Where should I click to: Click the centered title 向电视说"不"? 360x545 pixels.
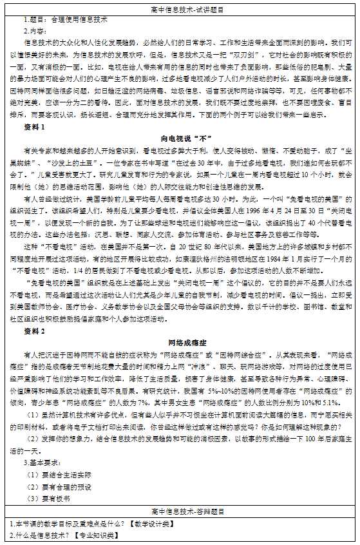[180, 138]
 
